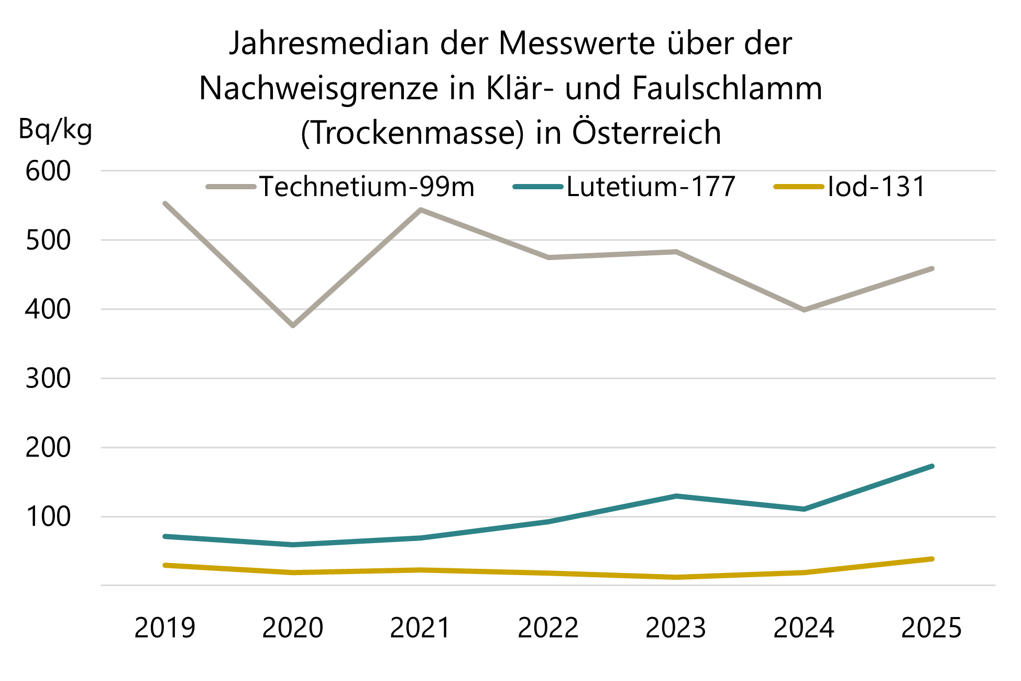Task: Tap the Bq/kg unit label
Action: point(55,129)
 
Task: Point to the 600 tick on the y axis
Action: point(48,171)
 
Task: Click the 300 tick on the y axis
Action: point(48,379)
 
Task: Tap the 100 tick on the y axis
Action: point(48,517)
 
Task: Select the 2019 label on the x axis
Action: point(164,628)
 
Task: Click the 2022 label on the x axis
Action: point(548,628)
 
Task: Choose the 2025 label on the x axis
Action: point(931,628)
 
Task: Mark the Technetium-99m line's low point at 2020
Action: point(293,326)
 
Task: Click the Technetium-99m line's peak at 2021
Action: point(421,210)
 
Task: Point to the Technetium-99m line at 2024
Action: point(804,310)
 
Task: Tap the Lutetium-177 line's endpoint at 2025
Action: point(931,466)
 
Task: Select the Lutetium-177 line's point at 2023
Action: point(676,496)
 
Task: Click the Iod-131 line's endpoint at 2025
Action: point(931,559)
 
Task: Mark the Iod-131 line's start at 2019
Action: point(165,565)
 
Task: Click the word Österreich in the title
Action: point(646,133)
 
